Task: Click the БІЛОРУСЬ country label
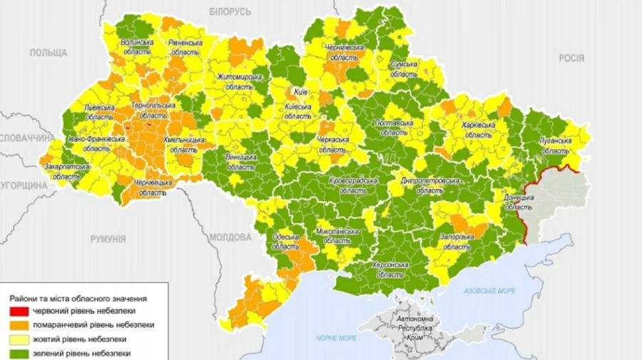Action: point(230,12)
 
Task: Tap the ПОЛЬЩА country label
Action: point(49,53)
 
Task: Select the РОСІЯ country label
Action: point(571,58)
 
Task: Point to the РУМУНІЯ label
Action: point(108,240)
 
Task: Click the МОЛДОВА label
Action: point(230,237)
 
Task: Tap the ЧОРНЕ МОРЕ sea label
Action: point(337,338)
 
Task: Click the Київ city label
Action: point(300,93)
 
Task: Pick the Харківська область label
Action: point(478,129)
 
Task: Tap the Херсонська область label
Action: point(390,269)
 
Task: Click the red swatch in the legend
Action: point(21,311)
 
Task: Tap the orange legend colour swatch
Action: point(21,324)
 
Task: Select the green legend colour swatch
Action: point(21,352)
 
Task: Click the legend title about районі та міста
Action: point(78,297)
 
